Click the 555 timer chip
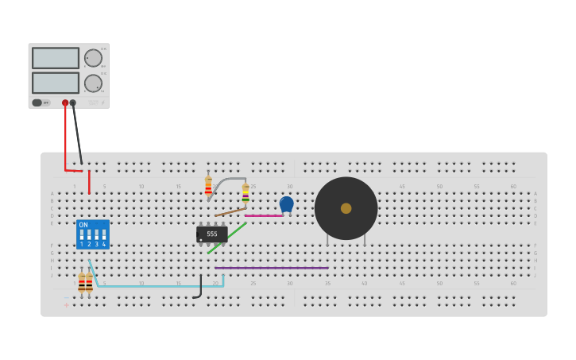click(x=211, y=234)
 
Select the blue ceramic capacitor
click(x=287, y=203)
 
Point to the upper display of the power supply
click(x=56, y=58)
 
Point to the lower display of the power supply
click(x=56, y=83)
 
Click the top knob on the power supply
click(x=93, y=58)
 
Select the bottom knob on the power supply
click(x=93, y=83)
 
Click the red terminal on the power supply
click(x=65, y=103)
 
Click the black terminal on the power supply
click(x=73, y=103)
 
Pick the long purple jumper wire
click(x=271, y=268)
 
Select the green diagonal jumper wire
click(x=227, y=238)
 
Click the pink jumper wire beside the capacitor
click(x=263, y=215)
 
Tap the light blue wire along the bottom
click(x=159, y=286)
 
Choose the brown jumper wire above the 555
click(x=230, y=211)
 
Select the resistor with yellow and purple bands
click(x=245, y=192)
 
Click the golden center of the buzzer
click(x=346, y=208)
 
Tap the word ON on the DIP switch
click(x=83, y=225)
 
